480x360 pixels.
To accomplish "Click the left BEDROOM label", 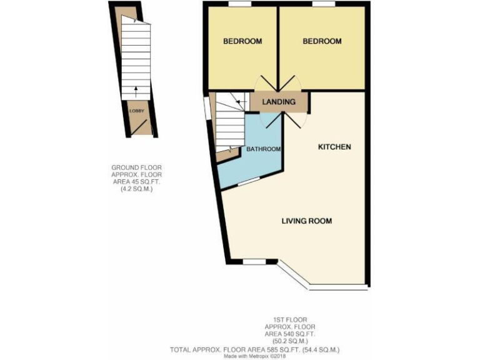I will pyautogui.click(x=242, y=41).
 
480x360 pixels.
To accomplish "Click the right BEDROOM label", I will pyautogui.click(x=322, y=41).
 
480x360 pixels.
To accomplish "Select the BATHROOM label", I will pyautogui.click(x=263, y=149).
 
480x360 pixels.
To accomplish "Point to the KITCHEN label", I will pyautogui.click(x=334, y=147).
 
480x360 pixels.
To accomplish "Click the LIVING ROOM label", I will pyautogui.click(x=306, y=221).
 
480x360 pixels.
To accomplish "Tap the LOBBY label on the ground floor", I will pyautogui.click(x=136, y=111).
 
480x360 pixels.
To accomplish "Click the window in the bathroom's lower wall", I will pyautogui.click(x=249, y=181).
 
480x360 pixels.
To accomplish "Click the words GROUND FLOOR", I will pyautogui.click(x=136, y=167).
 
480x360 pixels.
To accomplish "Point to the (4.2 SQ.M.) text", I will pyautogui.click(x=136, y=188).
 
